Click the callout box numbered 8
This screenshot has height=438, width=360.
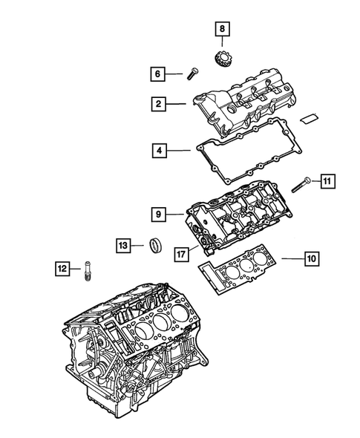(x=223, y=30)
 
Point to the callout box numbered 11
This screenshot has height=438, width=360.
(x=328, y=179)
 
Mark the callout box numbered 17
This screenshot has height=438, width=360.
(x=181, y=253)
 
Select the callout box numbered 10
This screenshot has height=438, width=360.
(x=311, y=259)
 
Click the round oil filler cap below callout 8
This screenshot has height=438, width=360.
(x=223, y=59)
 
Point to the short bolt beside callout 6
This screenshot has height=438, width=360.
(x=192, y=73)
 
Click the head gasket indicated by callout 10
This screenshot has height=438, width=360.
(x=241, y=267)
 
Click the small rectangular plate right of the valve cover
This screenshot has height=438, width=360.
(x=311, y=117)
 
